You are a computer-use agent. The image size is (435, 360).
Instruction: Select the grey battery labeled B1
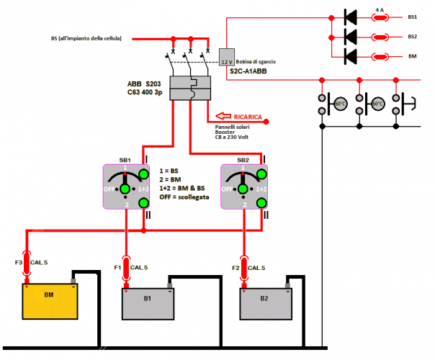click(148, 303)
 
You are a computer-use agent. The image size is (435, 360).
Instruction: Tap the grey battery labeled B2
click(266, 303)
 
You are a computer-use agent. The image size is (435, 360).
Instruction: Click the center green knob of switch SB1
click(125, 189)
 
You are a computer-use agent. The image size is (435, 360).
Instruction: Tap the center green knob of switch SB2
click(243, 189)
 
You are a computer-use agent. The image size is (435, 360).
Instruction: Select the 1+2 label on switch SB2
click(259, 189)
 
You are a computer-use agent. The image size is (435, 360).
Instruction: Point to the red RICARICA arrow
click(238, 116)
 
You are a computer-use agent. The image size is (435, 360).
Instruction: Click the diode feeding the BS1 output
click(351, 15)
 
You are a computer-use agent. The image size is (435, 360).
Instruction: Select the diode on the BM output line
click(351, 56)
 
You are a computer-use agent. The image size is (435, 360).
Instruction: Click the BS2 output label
click(412, 36)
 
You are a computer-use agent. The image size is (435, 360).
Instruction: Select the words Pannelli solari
click(233, 127)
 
